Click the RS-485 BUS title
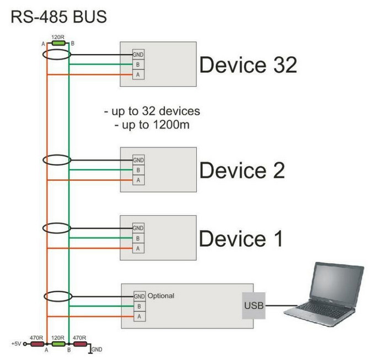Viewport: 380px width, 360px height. click(58, 17)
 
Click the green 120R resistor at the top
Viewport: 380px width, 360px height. click(58, 44)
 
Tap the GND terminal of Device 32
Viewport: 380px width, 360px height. click(138, 55)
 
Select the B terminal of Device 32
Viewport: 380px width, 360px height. click(138, 65)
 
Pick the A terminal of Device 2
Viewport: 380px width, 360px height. click(138, 180)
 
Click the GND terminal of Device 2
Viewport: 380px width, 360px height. click(138, 160)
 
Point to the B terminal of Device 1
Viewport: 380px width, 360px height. click(138, 238)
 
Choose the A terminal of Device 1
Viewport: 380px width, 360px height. click(138, 248)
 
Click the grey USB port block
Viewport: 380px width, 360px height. click(254, 305)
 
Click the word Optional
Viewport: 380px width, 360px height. click(161, 296)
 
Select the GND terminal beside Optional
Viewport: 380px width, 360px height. click(140, 296)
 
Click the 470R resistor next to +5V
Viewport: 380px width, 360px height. click(38, 344)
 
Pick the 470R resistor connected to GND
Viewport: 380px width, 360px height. click(80, 344)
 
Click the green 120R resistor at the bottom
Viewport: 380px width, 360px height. click(58, 344)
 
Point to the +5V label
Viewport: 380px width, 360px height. click(16, 344)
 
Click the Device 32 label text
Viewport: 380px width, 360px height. click(248, 65)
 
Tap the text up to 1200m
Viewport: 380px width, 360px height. click(152, 125)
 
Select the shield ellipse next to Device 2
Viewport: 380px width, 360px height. click(57, 160)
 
